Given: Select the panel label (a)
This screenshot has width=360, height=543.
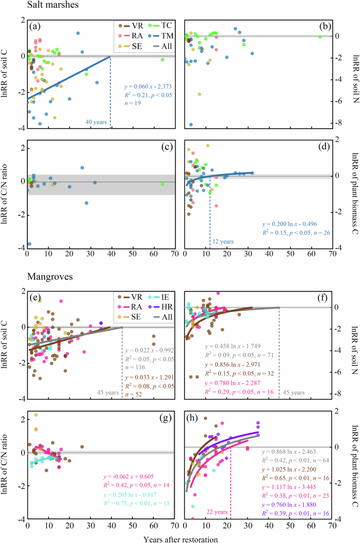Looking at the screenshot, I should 37,26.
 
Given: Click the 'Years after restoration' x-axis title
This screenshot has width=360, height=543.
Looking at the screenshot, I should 180,537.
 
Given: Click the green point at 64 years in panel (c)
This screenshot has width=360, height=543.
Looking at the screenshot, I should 163,184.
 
